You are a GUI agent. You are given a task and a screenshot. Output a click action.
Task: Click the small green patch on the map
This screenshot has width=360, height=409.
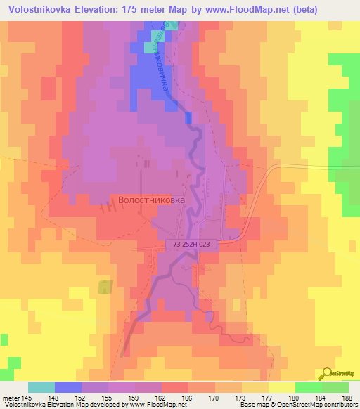(x=105, y=287)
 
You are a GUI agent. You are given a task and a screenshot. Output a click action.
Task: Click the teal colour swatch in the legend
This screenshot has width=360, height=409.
(x=41, y=387)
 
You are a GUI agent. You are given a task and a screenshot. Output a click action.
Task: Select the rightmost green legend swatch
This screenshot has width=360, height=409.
(x=335, y=387)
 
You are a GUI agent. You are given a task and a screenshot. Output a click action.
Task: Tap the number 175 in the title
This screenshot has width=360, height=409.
(x=154, y=10)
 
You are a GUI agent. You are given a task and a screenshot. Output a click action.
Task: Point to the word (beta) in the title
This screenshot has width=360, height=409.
(x=297, y=10)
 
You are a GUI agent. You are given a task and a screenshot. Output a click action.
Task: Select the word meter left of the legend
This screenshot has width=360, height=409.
(x=13, y=398)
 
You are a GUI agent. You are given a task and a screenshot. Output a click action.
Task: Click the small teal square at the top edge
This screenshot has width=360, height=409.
(x=174, y=25)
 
